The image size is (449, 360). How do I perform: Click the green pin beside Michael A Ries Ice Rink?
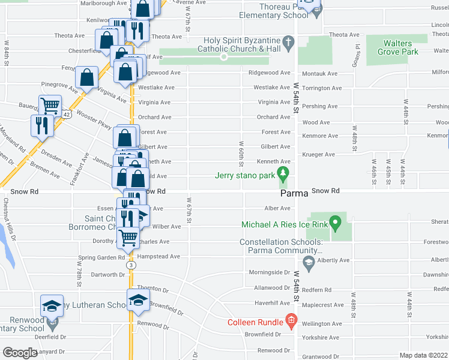(336, 224)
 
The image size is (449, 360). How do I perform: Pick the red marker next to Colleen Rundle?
(292, 322)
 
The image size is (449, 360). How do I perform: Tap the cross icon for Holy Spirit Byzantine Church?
(288, 42)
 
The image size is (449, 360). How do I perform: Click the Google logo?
(20, 353)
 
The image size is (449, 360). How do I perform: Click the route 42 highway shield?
(66, 113)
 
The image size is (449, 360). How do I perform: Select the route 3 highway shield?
(130, 265)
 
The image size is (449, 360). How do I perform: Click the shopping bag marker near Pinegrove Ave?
(87, 77)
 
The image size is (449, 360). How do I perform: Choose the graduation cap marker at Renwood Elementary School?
(52, 305)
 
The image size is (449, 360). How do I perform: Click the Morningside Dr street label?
(269, 272)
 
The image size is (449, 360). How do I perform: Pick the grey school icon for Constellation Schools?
(309, 261)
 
